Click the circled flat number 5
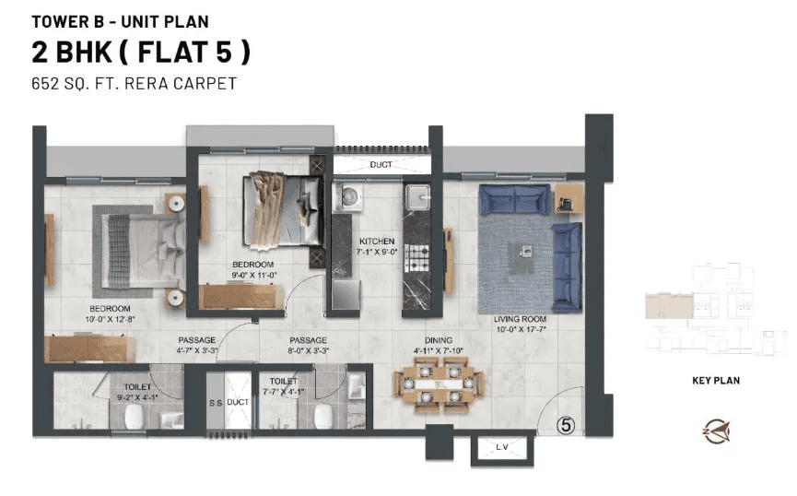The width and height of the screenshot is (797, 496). click(x=568, y=425)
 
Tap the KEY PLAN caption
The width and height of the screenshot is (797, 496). click(x=716, y=380)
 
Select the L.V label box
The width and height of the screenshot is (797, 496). click(x=501, y=448)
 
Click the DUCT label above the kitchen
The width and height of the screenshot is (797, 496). click(x=381, y=165)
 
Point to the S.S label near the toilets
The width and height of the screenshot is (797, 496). click(x=214, y=403)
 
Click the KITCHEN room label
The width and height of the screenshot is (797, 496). click(x=377, y=242)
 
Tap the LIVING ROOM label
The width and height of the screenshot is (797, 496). click(x=522, y=318)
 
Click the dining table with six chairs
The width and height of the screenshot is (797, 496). click(x=438, y=384)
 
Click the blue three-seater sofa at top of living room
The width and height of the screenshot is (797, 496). click(x=514, y=199)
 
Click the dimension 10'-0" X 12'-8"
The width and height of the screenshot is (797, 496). click(x=110, y=319)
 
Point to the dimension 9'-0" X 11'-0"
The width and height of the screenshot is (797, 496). click(x=253, y=275)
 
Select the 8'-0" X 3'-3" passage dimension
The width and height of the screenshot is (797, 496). click(x=308, y=351)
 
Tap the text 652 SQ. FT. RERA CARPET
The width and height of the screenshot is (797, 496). click(x=135, y=84)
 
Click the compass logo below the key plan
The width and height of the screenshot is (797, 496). click(x=716, y=429)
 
